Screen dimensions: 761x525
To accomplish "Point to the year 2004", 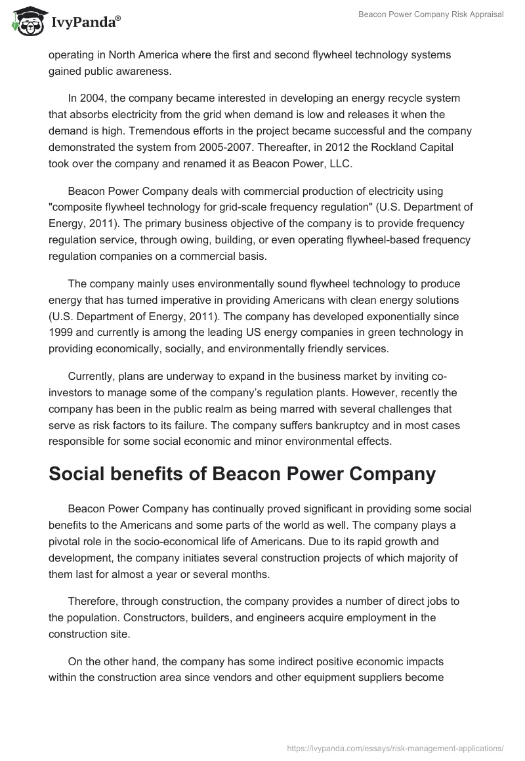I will (93, 98).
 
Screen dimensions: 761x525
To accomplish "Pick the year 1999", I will (61, 333).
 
